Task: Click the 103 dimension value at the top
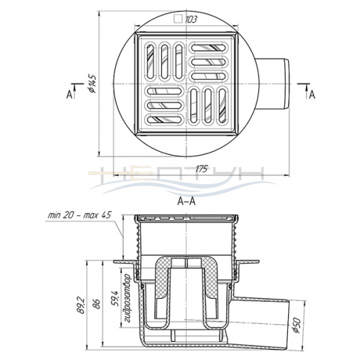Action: pyautogui.click(x=191, y=19)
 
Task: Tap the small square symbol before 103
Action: pyautogui.click(x=178, y=19)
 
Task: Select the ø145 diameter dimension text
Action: pyautogui.click(x=92, y=84)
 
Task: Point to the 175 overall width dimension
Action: pyautogui.click(x=201, y=168)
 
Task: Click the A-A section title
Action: pyautogui.click(x=186, y=201)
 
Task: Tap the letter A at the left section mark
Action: pyautogui.click(x=69, y=95)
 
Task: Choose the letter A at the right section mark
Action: pyautogui.click(x=312, y=94)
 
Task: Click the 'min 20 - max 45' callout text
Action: pyautogui.click(x=80, y=215)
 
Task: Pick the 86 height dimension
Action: pyautogui.click(x=96, y=304)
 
